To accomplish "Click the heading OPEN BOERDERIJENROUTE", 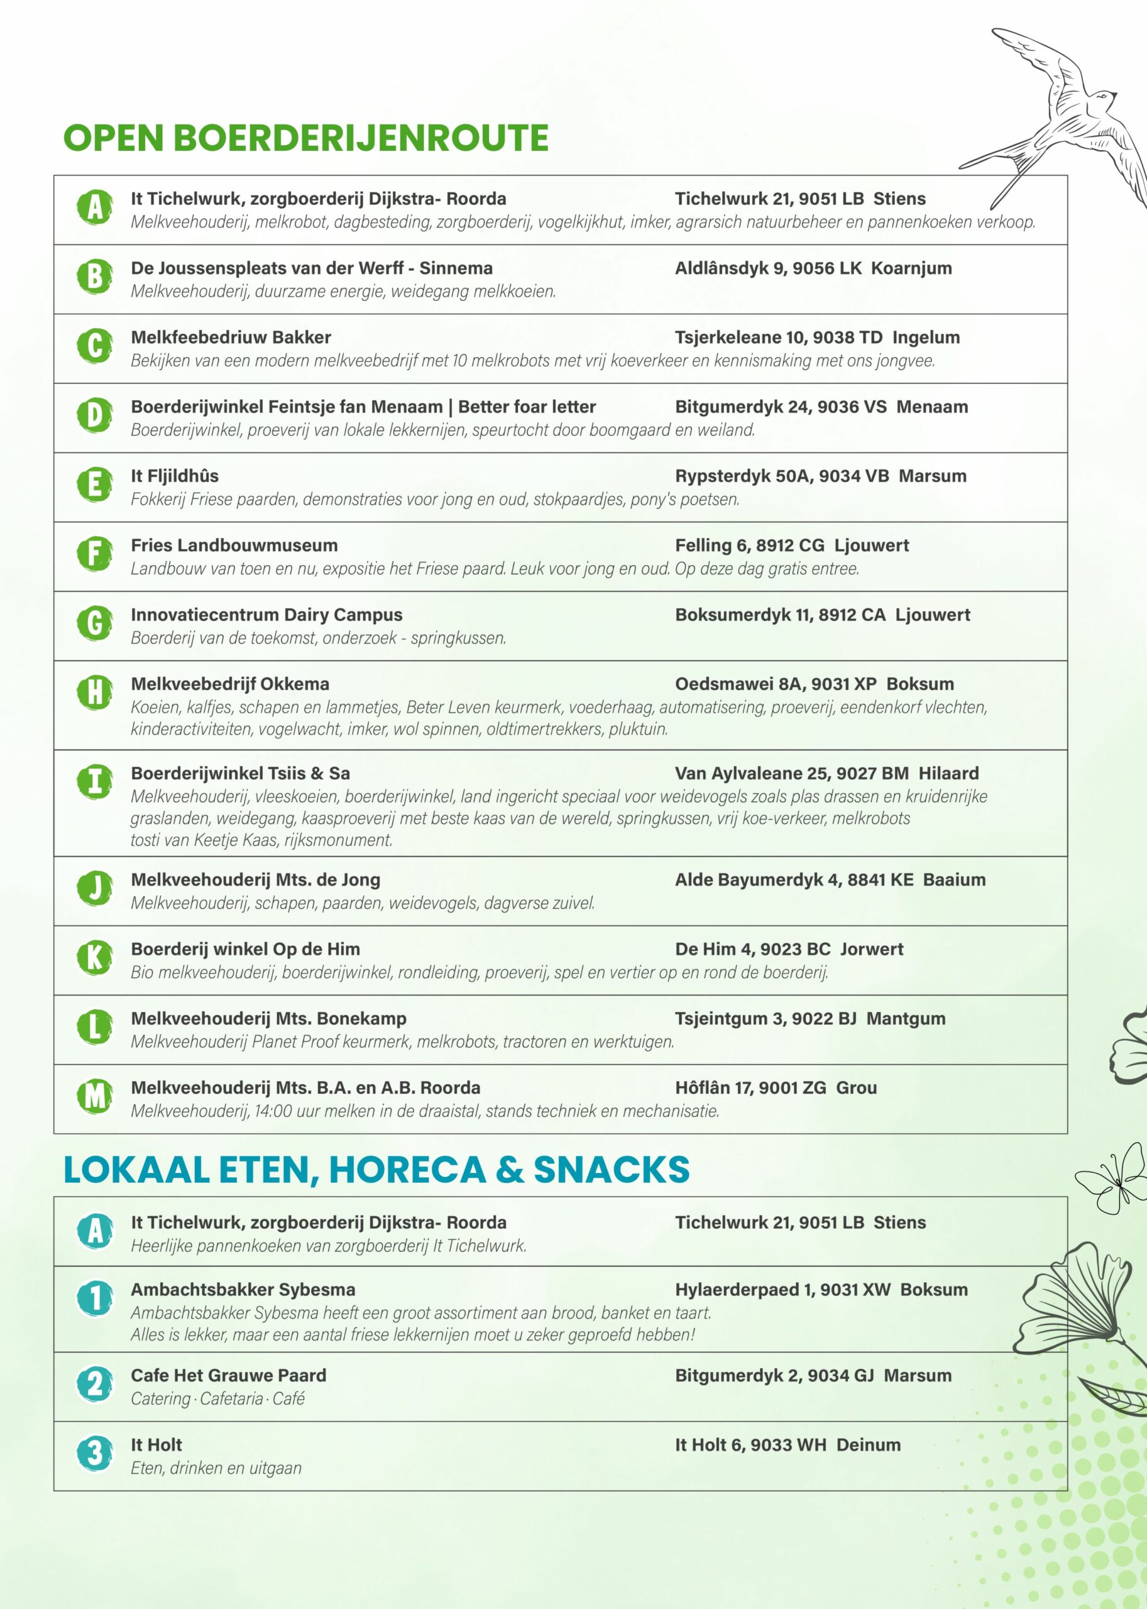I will pos(306,138).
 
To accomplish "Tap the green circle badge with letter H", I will pos(95,691).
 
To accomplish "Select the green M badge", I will pos(95,1096).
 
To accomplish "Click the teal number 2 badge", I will pos(95,1383).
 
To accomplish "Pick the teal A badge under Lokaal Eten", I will pos(95,1231).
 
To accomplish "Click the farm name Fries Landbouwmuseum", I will pos(234,546).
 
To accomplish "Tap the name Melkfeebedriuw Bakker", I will pos(230,338).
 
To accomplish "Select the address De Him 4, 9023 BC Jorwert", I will pos(788,948).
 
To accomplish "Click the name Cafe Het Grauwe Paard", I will pos(228,1375).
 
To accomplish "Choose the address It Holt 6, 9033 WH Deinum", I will pos(787,1444).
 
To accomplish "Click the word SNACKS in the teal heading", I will pos(611,1170).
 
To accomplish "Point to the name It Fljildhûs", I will pos(175,476).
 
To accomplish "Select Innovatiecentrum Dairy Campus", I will pos(266,615).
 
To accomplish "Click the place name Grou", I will pos(856,1088).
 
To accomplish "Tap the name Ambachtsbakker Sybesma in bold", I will pos(243,1289).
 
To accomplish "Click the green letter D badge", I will pos(95,415).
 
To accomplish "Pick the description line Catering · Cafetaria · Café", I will pos(217,1398).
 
